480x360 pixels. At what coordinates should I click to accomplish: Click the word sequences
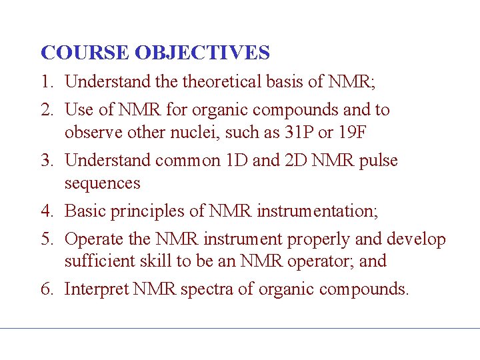click(x=102, y=183)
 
